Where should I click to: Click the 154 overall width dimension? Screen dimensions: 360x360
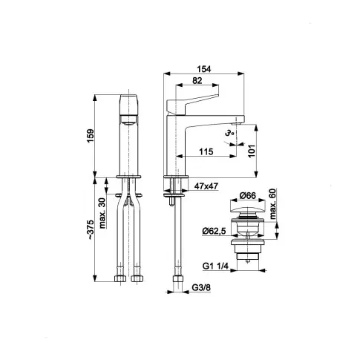(204, 69)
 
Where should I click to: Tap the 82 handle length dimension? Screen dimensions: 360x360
(197, 80)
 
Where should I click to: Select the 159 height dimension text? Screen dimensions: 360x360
(91, 135)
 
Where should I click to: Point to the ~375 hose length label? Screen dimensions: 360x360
(91, 229)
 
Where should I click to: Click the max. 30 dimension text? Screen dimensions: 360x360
(102, 213)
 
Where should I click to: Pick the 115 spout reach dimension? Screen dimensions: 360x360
(206, 151)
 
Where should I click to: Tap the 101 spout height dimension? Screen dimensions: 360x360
(252, 151)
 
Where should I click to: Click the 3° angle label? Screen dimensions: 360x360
(229, 134)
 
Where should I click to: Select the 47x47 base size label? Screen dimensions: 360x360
(206, 186)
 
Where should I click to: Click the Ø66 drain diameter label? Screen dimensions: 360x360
(247, 196)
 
